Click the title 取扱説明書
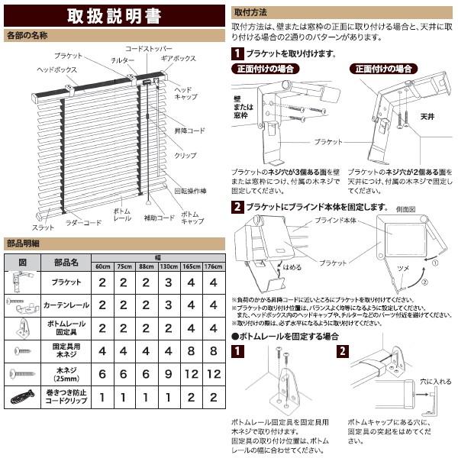coord(114,15)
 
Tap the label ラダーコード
coord(83,223)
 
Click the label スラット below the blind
coord(43,227)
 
